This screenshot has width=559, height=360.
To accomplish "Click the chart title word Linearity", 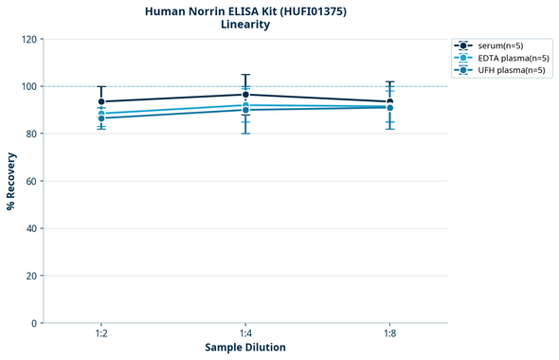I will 245,25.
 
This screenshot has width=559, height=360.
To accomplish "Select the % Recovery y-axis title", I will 11,181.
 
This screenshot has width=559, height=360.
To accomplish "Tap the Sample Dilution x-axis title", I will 245,348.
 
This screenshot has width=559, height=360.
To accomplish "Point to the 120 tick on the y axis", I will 29,39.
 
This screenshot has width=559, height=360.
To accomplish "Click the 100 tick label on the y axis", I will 29,86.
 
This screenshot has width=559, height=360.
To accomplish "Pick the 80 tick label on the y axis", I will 31,134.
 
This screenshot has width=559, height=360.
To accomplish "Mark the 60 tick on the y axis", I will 31,181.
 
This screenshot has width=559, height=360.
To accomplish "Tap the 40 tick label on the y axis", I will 31,228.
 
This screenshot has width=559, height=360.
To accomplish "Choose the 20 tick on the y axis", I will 31,276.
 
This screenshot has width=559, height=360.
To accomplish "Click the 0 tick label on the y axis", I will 34,323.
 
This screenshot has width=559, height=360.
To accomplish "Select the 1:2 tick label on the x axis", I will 101,334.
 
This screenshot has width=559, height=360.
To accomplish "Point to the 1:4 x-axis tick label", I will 245,334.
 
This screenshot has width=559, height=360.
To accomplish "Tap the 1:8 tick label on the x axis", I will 389,334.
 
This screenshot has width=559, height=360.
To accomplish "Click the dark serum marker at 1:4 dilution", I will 245,95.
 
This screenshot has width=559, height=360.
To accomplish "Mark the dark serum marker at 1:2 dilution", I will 101,101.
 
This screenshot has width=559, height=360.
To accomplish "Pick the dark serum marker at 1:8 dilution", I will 389,101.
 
